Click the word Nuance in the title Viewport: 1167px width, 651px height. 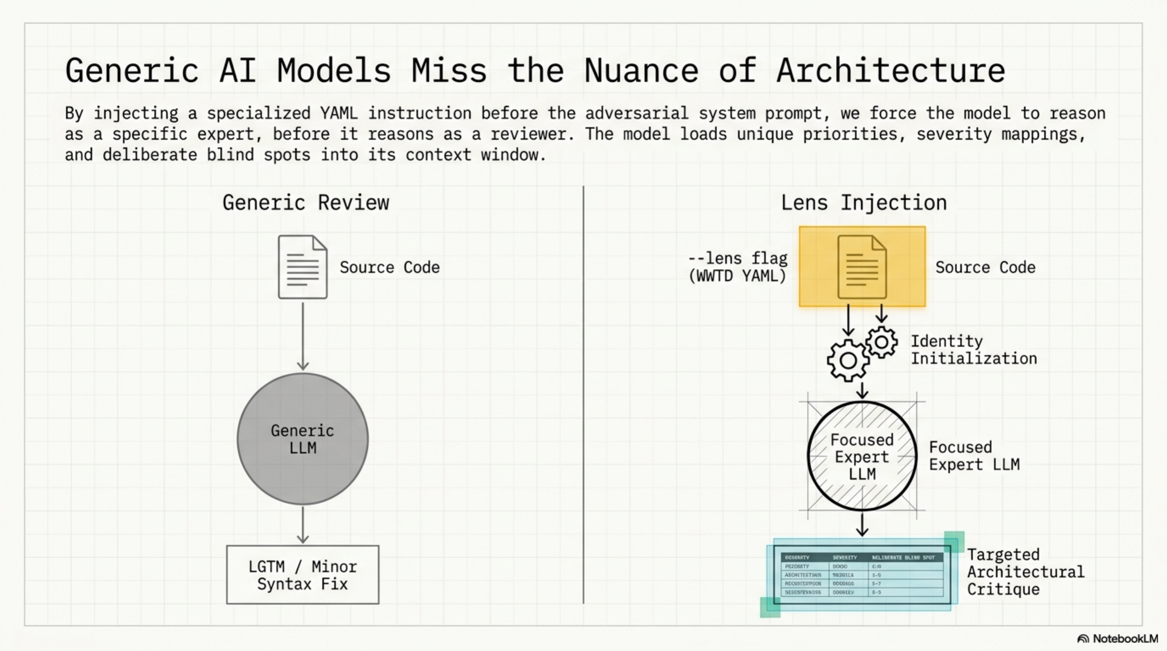[641, 71]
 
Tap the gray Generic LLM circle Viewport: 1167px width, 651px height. [303, 439]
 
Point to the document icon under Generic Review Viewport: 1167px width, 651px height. [303, 267]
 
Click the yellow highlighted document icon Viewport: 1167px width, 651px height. [862, 267]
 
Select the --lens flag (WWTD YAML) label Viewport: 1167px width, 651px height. [737, 267]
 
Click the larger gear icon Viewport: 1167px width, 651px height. [848, 361]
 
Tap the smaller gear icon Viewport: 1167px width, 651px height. [881, 342]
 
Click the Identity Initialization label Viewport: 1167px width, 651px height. [974, 350]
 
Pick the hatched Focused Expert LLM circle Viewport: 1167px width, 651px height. [862, 456]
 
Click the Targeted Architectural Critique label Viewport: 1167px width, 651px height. [1026, 572]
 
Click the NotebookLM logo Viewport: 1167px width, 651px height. [1118, 639]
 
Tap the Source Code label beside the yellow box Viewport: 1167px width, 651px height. [986, 267]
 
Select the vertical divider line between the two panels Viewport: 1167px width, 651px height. [583, 394]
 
